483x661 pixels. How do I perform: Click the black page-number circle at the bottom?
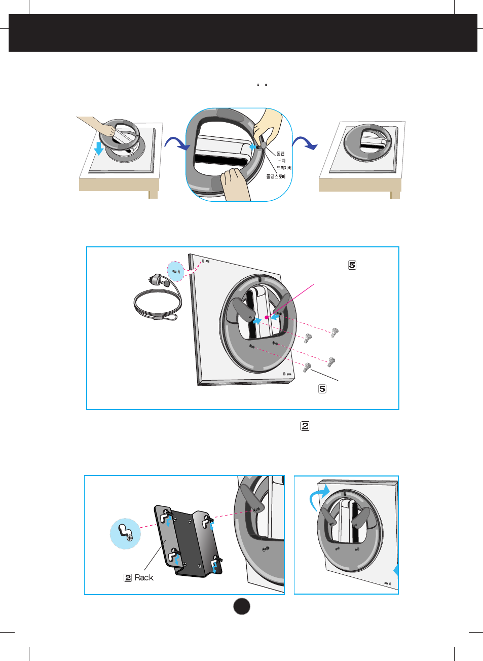point(242,606)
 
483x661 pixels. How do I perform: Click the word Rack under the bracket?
point(144,577)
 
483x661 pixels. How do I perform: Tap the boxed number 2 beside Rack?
point(128,577)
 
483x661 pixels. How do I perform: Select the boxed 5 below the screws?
point(322,389)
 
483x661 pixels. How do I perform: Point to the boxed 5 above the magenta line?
point(352,265)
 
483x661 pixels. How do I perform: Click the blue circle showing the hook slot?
point(125,533)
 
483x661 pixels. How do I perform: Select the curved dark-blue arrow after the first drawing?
point(177,143)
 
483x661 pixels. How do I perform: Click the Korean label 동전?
point(280,154)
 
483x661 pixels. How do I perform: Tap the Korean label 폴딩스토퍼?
point(276,176)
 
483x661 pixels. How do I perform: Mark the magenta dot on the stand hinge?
point(267,317)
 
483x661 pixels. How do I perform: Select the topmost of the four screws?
point(335,333)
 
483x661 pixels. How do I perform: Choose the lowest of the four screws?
point(307,368)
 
